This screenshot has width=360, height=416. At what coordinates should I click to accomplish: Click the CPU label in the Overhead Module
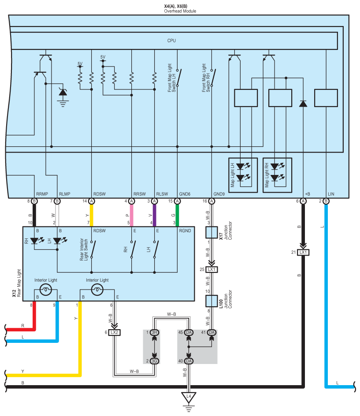171,41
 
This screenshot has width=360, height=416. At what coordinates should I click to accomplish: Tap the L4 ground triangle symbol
189,397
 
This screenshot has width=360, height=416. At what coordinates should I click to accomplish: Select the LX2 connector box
114,332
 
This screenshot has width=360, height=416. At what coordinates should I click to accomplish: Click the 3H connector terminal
154,332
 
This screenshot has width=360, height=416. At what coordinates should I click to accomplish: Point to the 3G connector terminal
154,361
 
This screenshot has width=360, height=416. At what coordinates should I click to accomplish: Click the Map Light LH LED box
242,175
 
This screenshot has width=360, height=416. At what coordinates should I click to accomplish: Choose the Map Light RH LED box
277,175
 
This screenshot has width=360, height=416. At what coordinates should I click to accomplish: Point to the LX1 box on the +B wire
303,253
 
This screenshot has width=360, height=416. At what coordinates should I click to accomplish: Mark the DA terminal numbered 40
189,361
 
